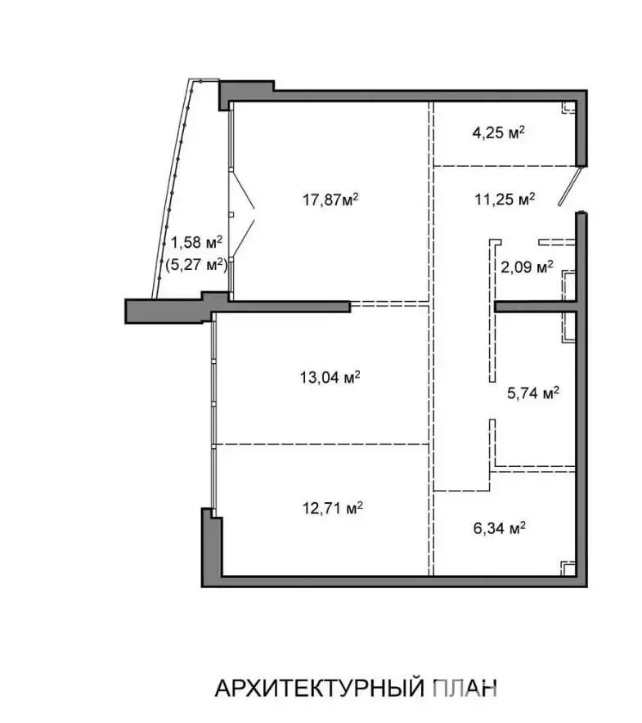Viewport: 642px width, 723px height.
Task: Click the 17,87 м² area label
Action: click(x=330, y=200)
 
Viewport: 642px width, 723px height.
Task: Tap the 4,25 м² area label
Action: click(x=499, y=132)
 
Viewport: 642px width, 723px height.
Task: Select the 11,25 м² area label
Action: click(x=505, y=200)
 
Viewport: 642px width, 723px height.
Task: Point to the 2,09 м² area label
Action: click(x=528, y=267)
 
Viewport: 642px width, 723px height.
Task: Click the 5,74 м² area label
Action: click(x=533, y=393)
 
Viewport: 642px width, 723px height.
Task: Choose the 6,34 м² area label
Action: click(x=500, y=528)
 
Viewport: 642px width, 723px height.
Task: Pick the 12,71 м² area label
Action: click(x=333, y=508)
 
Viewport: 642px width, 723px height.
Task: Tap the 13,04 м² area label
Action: click(x=330, y=378)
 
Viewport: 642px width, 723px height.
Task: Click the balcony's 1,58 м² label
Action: click(x=197, y=242)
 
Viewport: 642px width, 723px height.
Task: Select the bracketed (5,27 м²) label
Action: click(x=196, y=265)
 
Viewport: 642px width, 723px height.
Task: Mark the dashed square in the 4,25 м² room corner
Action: click(x=568, y=107)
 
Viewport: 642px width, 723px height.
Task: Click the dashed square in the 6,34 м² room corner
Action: click(x=568, y=568)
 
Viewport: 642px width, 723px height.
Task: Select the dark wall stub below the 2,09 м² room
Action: click(x=535, y=307)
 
